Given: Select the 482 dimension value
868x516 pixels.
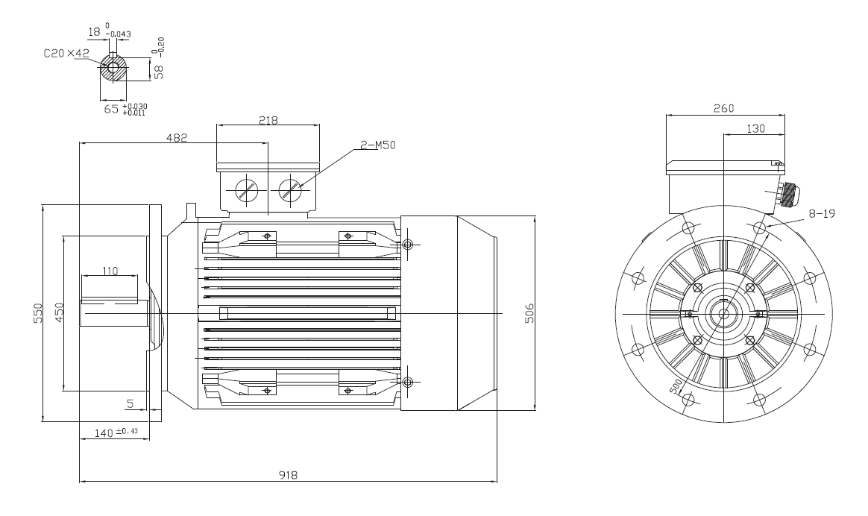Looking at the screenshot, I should (177, 138).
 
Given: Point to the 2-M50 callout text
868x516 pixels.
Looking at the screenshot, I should (377, 145).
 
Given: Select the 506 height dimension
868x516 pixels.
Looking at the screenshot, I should (529, 312).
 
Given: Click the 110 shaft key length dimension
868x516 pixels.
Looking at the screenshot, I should (110, 272).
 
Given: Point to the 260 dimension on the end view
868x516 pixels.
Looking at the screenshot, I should (723, 109).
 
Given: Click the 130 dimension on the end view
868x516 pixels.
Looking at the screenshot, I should (755, 129).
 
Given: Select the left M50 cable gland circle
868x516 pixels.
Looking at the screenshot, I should (246, 190).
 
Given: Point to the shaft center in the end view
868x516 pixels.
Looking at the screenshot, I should (723, 314).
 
